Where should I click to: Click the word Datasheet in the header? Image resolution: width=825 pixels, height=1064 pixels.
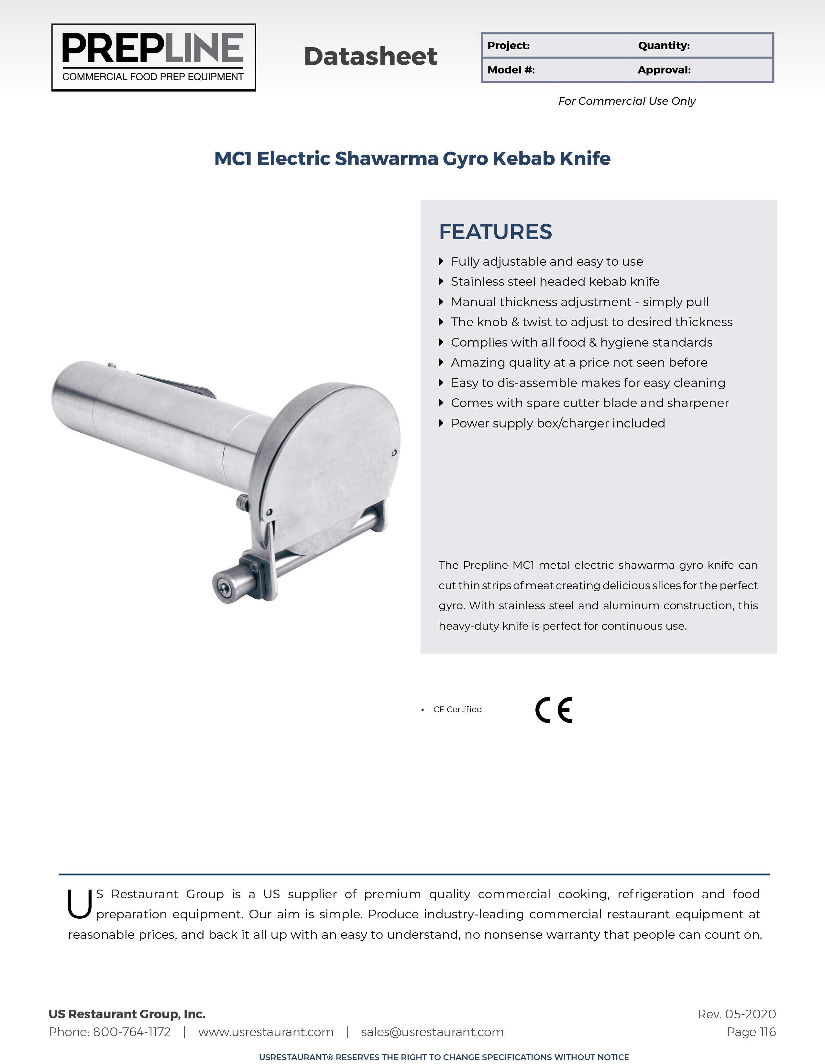(x=371, y=57)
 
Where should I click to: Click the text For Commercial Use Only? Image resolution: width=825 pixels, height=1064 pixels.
(x=627, y=101)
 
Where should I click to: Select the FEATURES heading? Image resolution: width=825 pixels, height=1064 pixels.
(x=495, y=232)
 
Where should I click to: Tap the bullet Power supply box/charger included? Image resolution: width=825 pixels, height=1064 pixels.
(x=558, y=423)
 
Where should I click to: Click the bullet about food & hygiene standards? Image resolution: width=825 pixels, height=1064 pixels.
(x=581, y=342)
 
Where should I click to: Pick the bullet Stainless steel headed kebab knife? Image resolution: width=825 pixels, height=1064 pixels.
(x=555, y=282)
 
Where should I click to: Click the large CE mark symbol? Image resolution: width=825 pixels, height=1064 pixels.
(x=554, y=710)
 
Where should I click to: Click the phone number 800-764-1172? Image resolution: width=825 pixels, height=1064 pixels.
(x=131, y=1032)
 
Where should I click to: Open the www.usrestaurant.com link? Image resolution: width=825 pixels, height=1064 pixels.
(x=266, y=1032)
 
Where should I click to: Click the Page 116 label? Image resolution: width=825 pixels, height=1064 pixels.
(x=751, y=1032)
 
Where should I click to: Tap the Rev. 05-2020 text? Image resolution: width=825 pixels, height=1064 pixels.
(x=736, y=1014)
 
